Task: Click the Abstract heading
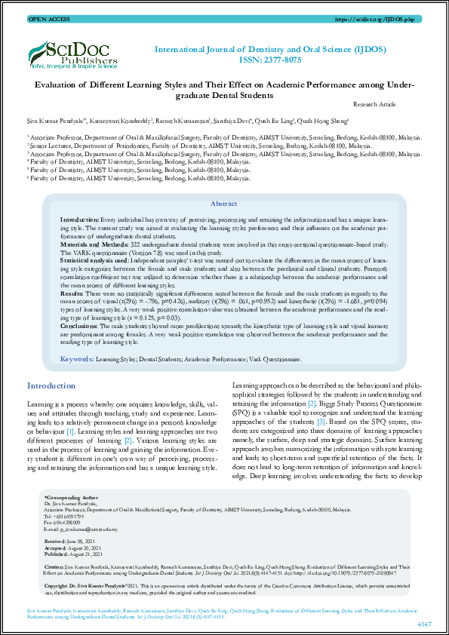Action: (x=223, y=204)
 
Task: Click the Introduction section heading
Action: (x=51, y=385)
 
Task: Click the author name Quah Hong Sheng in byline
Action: (x=323, y=119)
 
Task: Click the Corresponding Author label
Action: (x=72, y=498)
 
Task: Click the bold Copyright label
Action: (x=60, y=585)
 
